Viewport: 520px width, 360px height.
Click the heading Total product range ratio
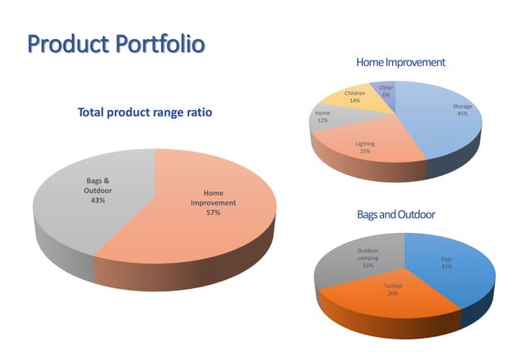coord(144,113)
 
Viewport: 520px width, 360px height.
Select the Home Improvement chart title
coord(400,62)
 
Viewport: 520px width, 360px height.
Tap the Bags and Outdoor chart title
coord(396,214)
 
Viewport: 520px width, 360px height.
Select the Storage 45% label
coord(462,110)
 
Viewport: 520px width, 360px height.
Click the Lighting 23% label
coord(364,147)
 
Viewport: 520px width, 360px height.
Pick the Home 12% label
coord(322,116)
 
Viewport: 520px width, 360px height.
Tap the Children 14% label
coord(355,97)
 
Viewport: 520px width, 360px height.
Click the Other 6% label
coord(386,91)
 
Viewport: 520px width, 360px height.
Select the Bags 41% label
coord(447,262)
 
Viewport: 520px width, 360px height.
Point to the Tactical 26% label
coord(393,289)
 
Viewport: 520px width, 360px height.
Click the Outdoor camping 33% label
coord(368,257)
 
